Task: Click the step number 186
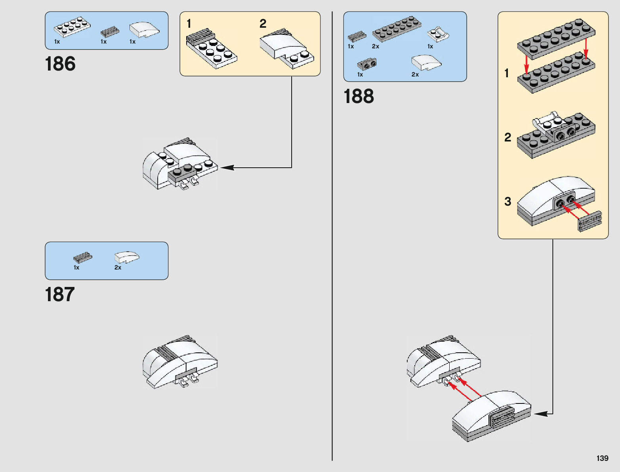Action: (60, 64)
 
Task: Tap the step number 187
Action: (60, 294)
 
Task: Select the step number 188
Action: (359, 96)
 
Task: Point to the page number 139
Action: (602, 458)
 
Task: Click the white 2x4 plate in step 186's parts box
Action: (72, 27)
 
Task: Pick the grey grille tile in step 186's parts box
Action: (109, 31)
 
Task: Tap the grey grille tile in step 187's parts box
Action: (82, 257)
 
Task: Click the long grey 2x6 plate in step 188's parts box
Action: (397, 29)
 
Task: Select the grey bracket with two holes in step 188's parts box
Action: (367, 64)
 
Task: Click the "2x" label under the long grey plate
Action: (376, 46)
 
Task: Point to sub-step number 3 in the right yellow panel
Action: (508, 201)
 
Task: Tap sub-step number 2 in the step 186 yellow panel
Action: (263, 24)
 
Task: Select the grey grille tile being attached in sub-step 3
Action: (590, 221)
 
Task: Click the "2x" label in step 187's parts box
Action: (118, 268)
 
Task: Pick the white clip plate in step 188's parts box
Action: (438, 34)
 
